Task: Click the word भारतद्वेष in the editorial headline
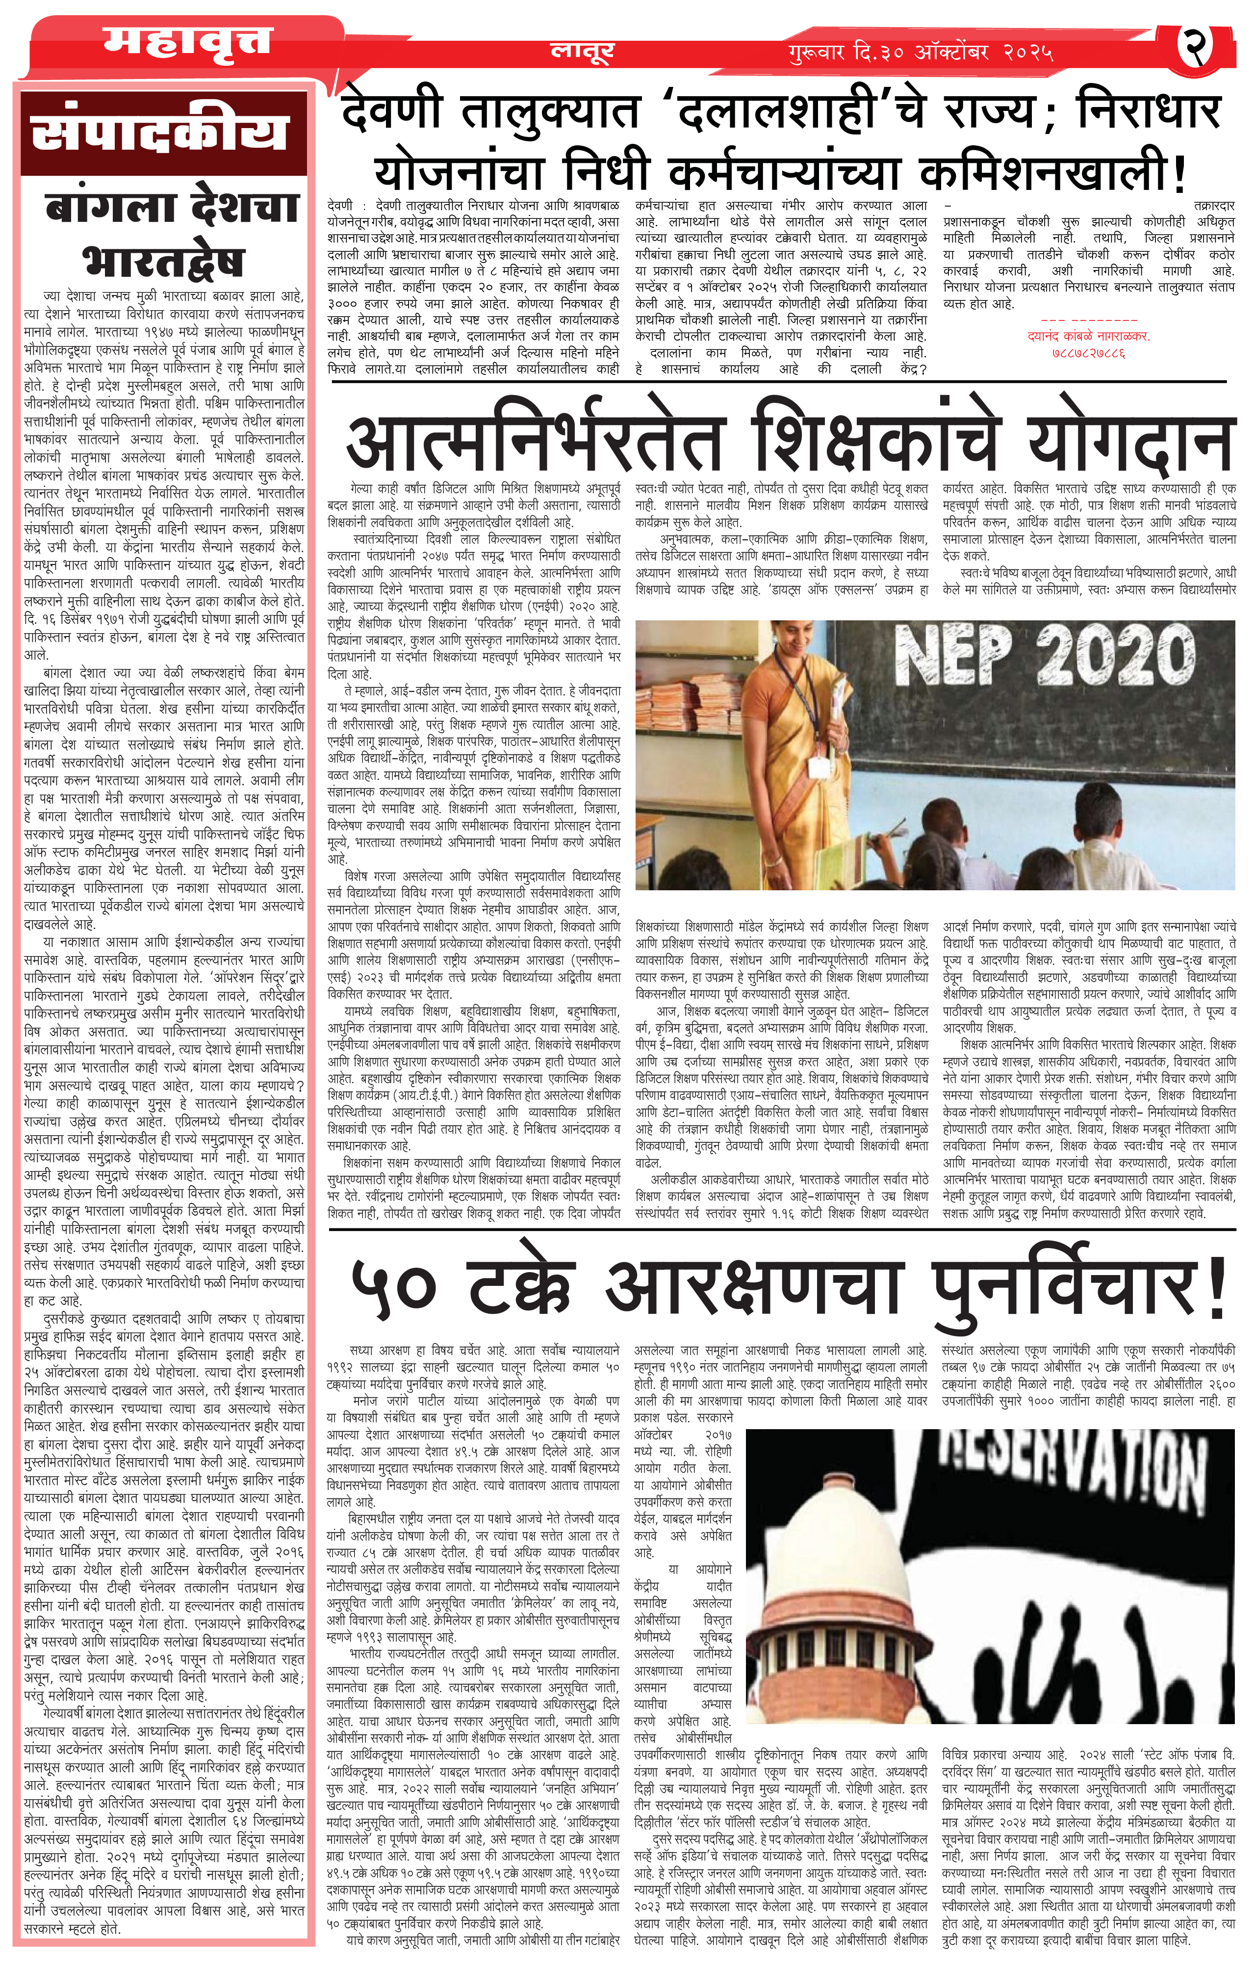[164, 260]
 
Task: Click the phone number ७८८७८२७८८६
[1088, 353]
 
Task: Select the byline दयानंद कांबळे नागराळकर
[1088, 336]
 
